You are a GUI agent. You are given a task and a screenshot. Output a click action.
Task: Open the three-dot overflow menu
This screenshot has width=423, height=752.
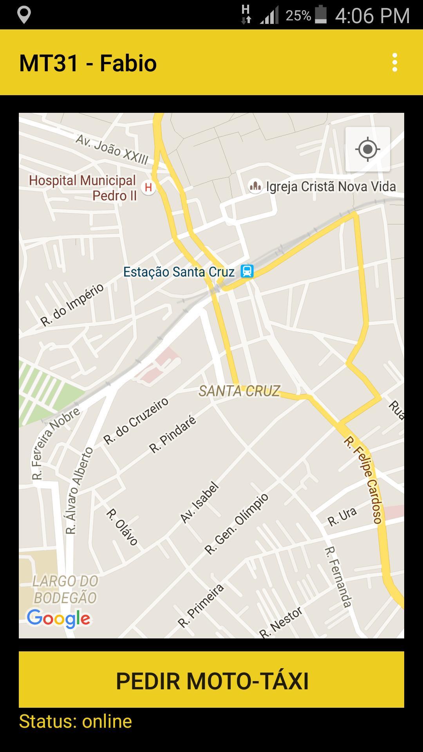pos(394,63)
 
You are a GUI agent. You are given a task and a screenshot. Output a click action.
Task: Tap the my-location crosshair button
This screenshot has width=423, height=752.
pos(367,149)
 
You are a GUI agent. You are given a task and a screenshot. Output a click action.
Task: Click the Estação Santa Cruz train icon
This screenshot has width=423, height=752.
pos(247,271)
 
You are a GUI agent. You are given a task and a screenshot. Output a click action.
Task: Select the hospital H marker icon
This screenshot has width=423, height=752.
pos(148,187)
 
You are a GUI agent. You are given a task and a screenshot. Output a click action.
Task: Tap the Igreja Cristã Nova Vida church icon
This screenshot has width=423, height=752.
pos(255,186)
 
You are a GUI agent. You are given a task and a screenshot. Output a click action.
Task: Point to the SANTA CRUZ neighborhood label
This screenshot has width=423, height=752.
pos(239,391)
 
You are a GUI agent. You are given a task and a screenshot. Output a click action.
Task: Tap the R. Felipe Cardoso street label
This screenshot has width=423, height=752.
pos(363,480)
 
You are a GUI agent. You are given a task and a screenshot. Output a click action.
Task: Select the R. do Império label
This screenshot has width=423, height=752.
pos(72,305)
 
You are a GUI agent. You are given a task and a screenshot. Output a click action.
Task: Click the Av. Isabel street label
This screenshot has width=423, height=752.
pos(199,503)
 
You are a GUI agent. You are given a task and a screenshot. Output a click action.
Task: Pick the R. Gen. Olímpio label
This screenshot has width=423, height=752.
pos(237,524)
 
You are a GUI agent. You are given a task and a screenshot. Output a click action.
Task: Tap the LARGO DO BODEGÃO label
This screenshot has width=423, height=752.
pos(65,589)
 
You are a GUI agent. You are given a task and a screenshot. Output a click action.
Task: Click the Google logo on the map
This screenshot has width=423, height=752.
pos(59,619)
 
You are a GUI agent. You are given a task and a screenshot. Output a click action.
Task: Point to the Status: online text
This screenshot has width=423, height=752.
pos(76,721)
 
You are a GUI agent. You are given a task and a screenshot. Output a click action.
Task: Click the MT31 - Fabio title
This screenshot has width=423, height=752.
pos(88,63)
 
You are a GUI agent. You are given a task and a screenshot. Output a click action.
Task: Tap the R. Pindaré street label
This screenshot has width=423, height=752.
pos(173,435)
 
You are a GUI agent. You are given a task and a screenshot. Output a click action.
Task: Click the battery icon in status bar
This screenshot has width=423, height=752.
pos(320,15)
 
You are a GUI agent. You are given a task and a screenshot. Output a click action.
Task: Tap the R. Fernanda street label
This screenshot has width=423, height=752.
pos(338,577)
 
